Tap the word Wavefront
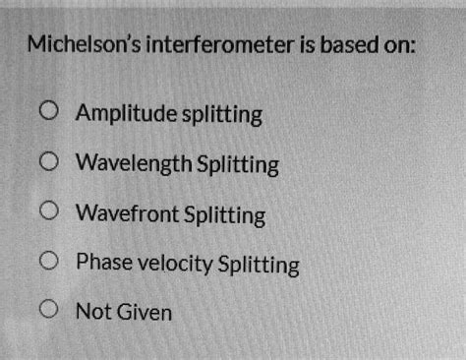click(x=128, y=213)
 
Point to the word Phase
click(x=99, y=263)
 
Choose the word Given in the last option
click(x=145, y=313)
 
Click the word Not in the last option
click(x=93, y=313)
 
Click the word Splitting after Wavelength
click(x=238, y=163)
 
